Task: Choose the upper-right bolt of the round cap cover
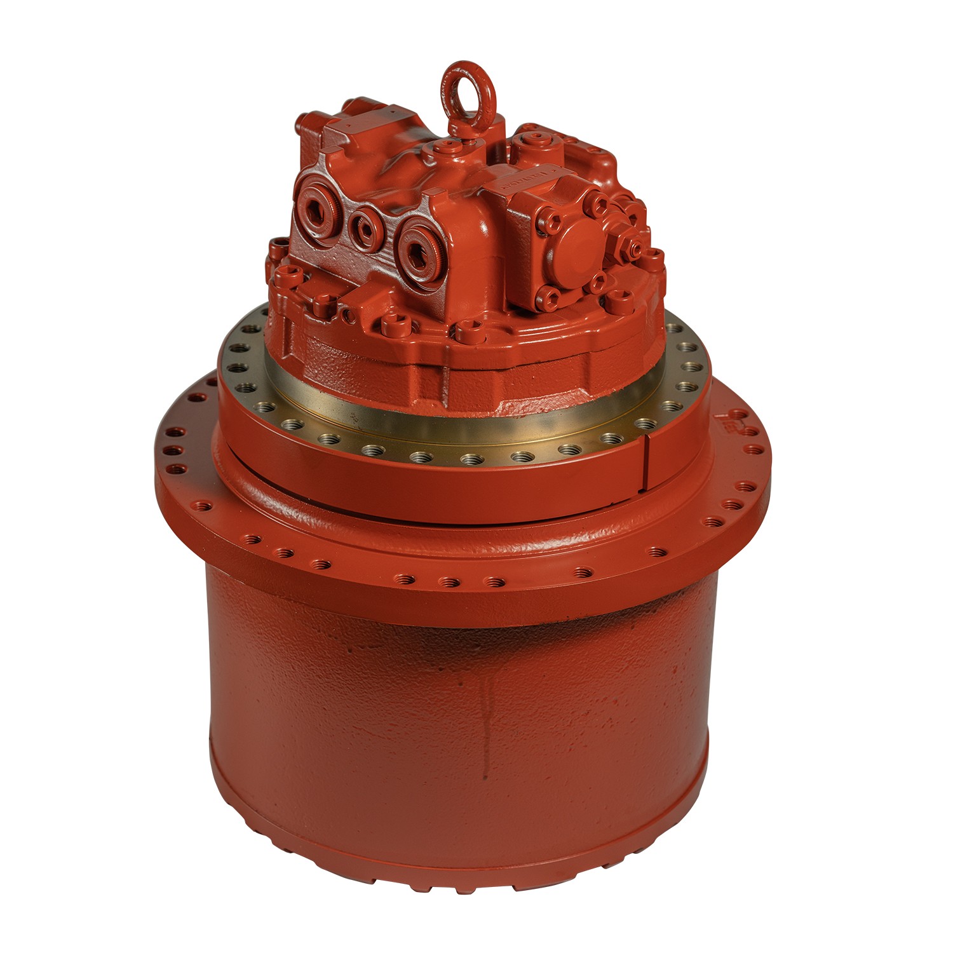598,204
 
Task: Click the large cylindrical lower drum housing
457,731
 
